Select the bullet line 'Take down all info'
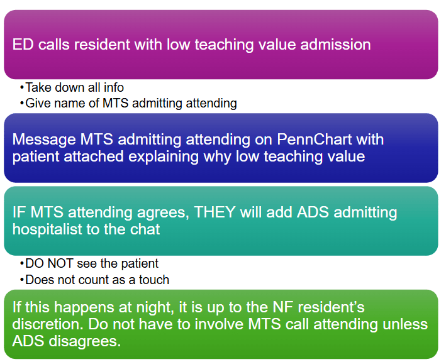(72, 87)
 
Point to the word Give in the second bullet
(34, 103)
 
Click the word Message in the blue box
(44, 140)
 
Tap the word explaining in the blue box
(164, 156)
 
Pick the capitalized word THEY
(215, 212)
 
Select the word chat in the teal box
(145, 229)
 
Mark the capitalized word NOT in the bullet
(60, 263)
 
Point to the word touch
(154, 280)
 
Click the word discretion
(48, 324)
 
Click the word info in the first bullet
(113, 87)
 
